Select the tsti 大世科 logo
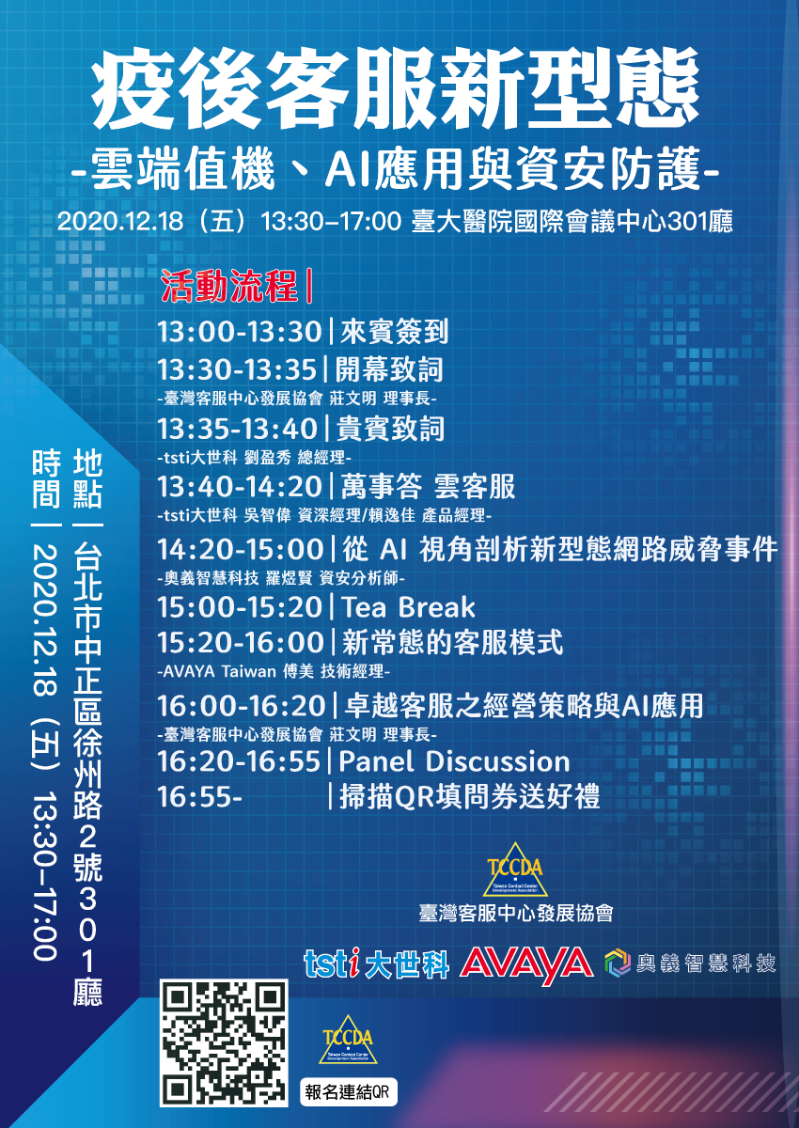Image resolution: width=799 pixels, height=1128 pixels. pos(377,963)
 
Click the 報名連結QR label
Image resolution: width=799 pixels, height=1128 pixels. pos(349,1091)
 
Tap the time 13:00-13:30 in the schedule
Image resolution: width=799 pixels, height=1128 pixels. pos(240,332)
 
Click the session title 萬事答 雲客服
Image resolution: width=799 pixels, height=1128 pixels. pos(428,487)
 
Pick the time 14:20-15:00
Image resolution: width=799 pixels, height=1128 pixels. pos(240,549)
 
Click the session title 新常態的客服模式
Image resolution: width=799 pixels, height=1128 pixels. pos(452,643)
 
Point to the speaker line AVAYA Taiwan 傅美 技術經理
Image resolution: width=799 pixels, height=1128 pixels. pos(274,671)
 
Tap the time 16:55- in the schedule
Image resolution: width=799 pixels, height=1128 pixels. pos(200,797)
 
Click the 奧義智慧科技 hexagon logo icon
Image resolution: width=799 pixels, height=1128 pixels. pos(618,963)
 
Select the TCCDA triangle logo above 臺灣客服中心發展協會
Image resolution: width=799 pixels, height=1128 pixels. pos(515,869)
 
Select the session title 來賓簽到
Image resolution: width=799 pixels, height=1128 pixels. pos(395,332)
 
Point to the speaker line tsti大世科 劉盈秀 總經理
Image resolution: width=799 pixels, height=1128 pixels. pos(254,457)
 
